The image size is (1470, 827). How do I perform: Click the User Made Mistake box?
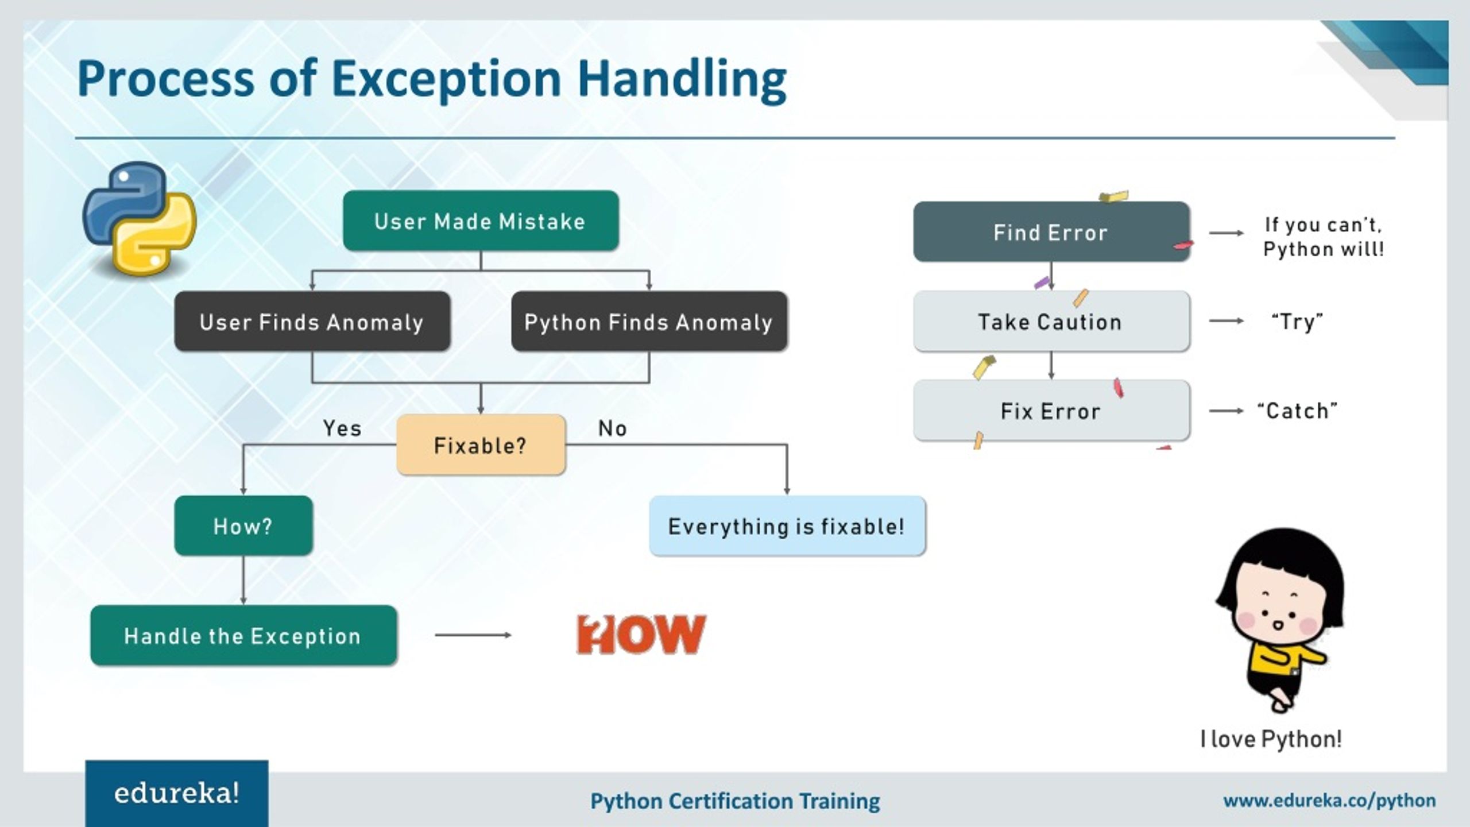coord(481,221)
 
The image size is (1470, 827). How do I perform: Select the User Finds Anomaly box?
coord(312,322)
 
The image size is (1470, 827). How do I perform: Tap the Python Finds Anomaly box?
coord(649,322)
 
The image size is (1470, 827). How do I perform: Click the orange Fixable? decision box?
coord(481,445)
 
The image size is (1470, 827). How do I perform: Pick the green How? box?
coord(243,526)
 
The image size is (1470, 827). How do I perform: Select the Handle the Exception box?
coord(243,636)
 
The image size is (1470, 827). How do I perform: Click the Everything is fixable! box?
coord(787,526)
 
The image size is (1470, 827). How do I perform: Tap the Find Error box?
coord(1051,232)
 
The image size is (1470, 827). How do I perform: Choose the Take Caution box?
coord(1051,322)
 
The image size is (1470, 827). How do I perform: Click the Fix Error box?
coord(1051,411)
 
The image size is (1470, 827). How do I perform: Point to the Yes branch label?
coord(342,428)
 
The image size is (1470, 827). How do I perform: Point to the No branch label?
coord(612,428)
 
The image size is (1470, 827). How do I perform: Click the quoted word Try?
coord(1297,321)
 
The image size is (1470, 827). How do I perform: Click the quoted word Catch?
coord(1297,411)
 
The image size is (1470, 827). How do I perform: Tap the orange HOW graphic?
coord(641,635)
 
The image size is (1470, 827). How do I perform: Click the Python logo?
coord(140,218)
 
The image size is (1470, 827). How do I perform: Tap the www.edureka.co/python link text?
coord(1329,800)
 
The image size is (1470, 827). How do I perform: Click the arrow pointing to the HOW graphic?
coord(473,635)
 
